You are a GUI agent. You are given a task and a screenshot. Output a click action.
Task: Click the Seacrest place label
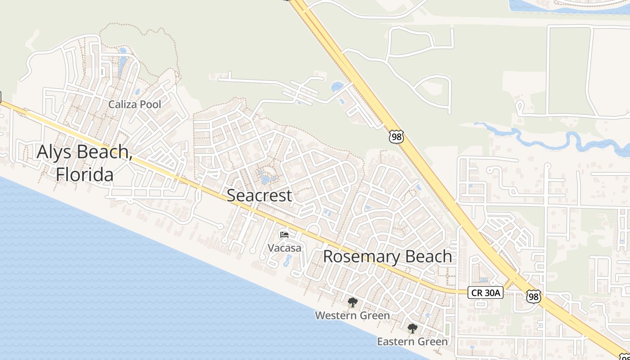(x=259, y=195)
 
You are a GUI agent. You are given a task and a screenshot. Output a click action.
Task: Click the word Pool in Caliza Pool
(x=150, y=104)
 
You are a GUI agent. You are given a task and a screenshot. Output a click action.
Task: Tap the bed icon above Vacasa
(x=284, y=234)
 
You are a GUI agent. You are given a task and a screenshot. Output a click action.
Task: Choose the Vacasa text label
(x=284, y=247)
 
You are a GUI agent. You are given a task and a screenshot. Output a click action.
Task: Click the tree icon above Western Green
(x=352, y=302)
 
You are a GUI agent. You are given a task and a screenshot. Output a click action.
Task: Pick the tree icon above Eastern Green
(x=412, y=328)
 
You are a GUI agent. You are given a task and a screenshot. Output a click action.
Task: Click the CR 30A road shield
(x=485, y=292)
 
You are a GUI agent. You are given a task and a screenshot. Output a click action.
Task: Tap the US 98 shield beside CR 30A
(x=533, y=296)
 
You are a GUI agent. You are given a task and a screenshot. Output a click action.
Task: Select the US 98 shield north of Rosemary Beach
(x=396, y=137)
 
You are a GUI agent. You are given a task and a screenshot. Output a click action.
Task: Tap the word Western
(x=335, y=315)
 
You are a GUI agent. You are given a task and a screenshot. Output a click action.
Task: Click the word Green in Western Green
(x=373, y=315)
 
